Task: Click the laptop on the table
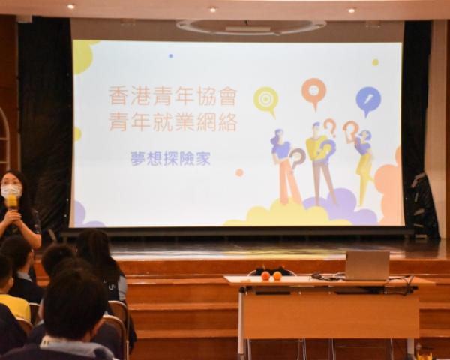367,265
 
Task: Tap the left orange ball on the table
265,276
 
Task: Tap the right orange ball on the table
277,276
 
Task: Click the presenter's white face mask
11,190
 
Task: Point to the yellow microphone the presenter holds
12,203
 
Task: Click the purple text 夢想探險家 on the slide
171,158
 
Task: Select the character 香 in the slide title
118,96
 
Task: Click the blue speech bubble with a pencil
368,100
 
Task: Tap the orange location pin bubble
313,91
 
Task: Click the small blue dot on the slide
171,56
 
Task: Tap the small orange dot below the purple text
239,172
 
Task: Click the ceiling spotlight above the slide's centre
212,10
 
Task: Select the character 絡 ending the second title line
228,122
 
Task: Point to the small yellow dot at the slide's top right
375,62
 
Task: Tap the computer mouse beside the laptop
316,276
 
